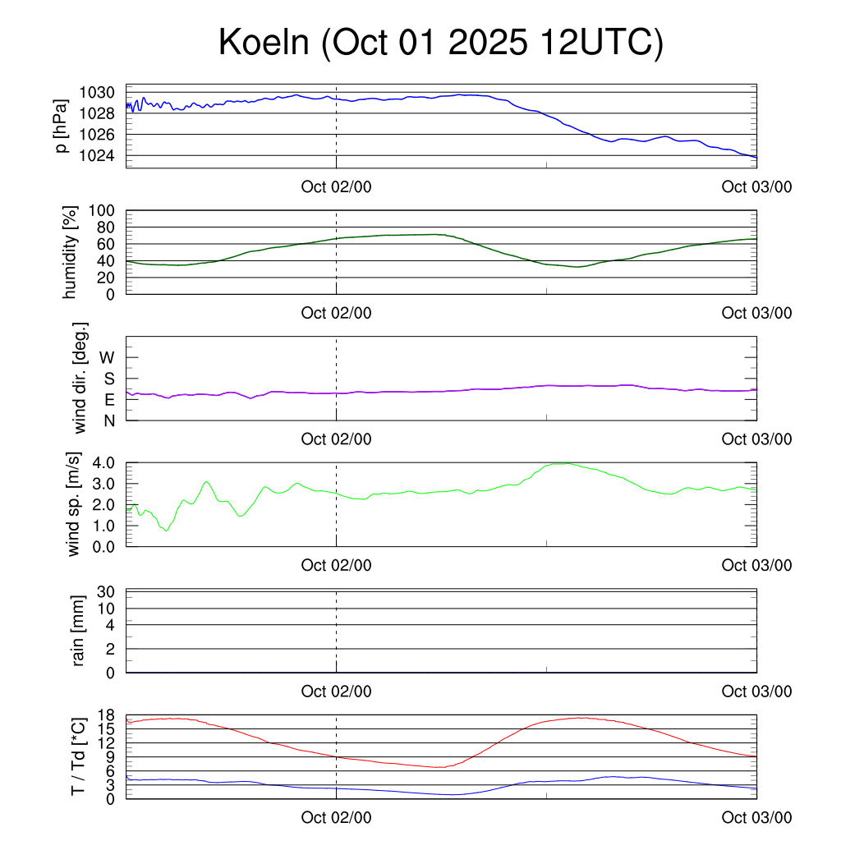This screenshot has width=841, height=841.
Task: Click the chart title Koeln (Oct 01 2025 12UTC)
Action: tap(440, 43)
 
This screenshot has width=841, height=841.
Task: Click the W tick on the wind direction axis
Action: tap(108, 357)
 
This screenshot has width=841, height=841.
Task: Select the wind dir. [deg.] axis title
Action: tap(80, 378)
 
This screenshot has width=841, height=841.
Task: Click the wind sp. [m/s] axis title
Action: tap(75, 504)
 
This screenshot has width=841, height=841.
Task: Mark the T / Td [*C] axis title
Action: tap(79, 756)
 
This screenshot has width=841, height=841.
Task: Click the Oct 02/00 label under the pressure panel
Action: tap(336, 186)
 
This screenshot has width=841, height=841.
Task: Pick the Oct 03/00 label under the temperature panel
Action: tap(756, 817)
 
